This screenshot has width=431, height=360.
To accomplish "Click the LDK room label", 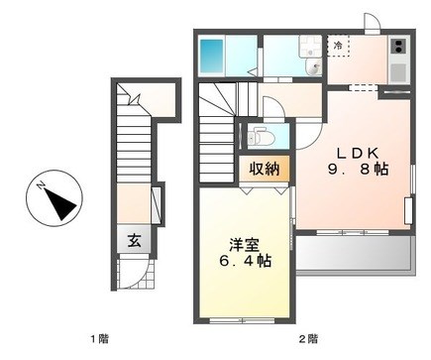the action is (357, 153).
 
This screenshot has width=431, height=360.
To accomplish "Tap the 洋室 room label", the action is (245, 245).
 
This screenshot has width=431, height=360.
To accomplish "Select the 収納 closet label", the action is (265, 170).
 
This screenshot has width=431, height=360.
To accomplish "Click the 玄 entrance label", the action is (135, 240).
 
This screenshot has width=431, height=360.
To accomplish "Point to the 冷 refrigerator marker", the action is (338, 46).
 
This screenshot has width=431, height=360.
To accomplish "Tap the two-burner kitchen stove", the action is (398, 46).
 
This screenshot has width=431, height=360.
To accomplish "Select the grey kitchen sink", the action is (398, 72).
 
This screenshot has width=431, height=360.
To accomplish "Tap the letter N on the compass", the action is (41, 185).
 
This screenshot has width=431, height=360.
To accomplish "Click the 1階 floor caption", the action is (99, 338).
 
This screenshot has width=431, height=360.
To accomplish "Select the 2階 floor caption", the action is (308, 338).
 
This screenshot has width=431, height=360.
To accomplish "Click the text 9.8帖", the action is (358, 170).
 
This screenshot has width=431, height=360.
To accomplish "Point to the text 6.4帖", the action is (245, 261).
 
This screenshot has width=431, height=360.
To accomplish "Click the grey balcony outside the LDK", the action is (355, 253).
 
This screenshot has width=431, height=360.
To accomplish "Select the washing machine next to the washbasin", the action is (310, 47).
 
